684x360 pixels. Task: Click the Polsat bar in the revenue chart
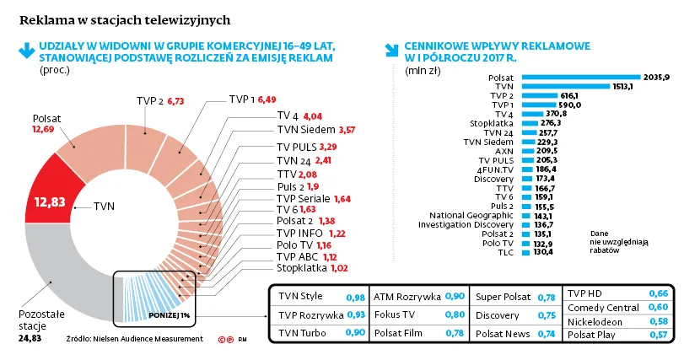click(x=581, y=78)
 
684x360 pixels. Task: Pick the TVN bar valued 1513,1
click(x=566, y=86)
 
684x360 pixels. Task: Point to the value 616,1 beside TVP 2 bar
click(x=569, y=95)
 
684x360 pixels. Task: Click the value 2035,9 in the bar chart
click(x=656, y=78)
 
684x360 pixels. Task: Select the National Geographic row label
click(x=471, y=215)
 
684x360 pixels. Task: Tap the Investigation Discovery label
click(x=466, y=224)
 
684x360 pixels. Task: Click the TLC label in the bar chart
click(x=505, y=252)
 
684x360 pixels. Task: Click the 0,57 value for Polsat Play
click(x=658, y=335)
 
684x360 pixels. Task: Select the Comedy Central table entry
click(x=603, y=308)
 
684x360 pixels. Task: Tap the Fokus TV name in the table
click(x=395, y=314)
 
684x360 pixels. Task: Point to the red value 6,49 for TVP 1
click(x=267, y=99)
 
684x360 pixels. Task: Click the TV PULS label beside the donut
click(x=297, y=147)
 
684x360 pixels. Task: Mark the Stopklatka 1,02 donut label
click(x=312, y=268)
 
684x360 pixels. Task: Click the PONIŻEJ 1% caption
click(x=169, y=315)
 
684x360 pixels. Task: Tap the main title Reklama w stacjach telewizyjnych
click(x=125, y=20)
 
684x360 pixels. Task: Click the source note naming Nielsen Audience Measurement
click(x=135, y=339)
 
